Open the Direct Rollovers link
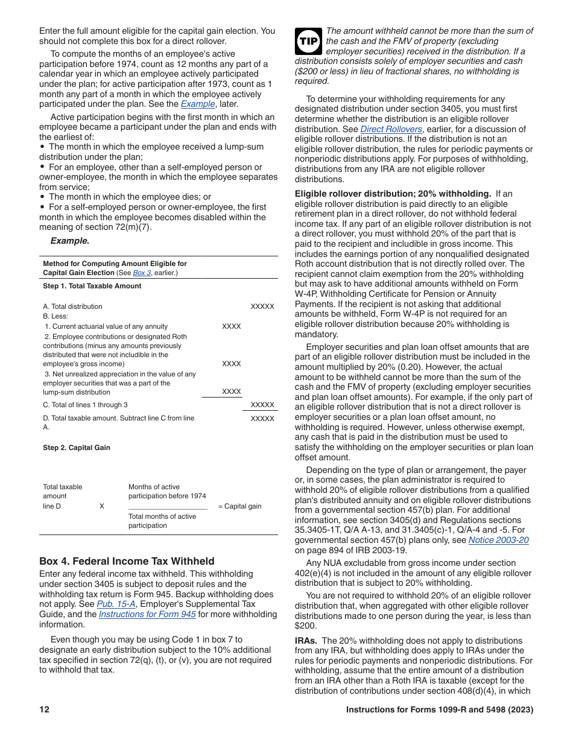pyautogui.click(x=391, y=129)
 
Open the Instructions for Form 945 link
pyautogui.click(x=147, y=614)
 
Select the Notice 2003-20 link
pyautogui.click(x=498, y=540)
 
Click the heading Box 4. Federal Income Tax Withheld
pyautogui.click(x=127, y=561)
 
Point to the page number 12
pyautogui.click(x=44, y=710)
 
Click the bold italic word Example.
pyautogui.click(x=69, y=241)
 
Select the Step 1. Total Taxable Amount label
pyautogui.click(x=92, y=286)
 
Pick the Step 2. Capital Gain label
pyautogui.click(x=77, y=448)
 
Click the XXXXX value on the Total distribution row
pyautogui.click(x=262, y=306)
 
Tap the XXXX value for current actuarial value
pyautogui.click(x=231, y=326)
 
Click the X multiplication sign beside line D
pyautogui.click(x=101, y=506)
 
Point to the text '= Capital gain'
pyautogui.click(x=239, y=506)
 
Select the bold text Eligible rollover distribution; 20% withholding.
pyautogui.click(x=393, y=194)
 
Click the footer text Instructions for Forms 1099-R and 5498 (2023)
pyautogui.click(x=439, y=710)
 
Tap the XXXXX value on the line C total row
pyautogui.click(x=262, y=405)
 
